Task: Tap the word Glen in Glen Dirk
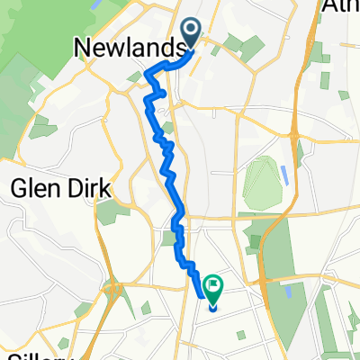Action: click(x=33, y=191)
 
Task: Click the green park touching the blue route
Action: click(x=170, y=238)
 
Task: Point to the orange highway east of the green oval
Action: click(x=297, y=180)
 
